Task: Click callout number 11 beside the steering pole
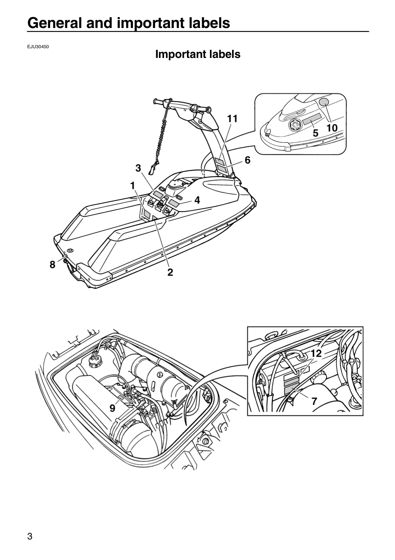(232, 119)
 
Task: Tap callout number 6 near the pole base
(248, 160)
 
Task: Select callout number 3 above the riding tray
(138, 168)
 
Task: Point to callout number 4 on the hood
(197, 200)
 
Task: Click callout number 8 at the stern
(52, 264)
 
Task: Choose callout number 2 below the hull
(170, 272)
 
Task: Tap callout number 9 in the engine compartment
(112, 408)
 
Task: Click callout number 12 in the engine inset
(316, 353)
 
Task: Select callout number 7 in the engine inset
(314, 401)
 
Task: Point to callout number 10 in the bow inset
(332, 128)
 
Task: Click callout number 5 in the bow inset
(316, 133)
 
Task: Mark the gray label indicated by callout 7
(292, 390)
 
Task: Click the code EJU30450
(38, 47)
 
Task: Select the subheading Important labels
(198, 54)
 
